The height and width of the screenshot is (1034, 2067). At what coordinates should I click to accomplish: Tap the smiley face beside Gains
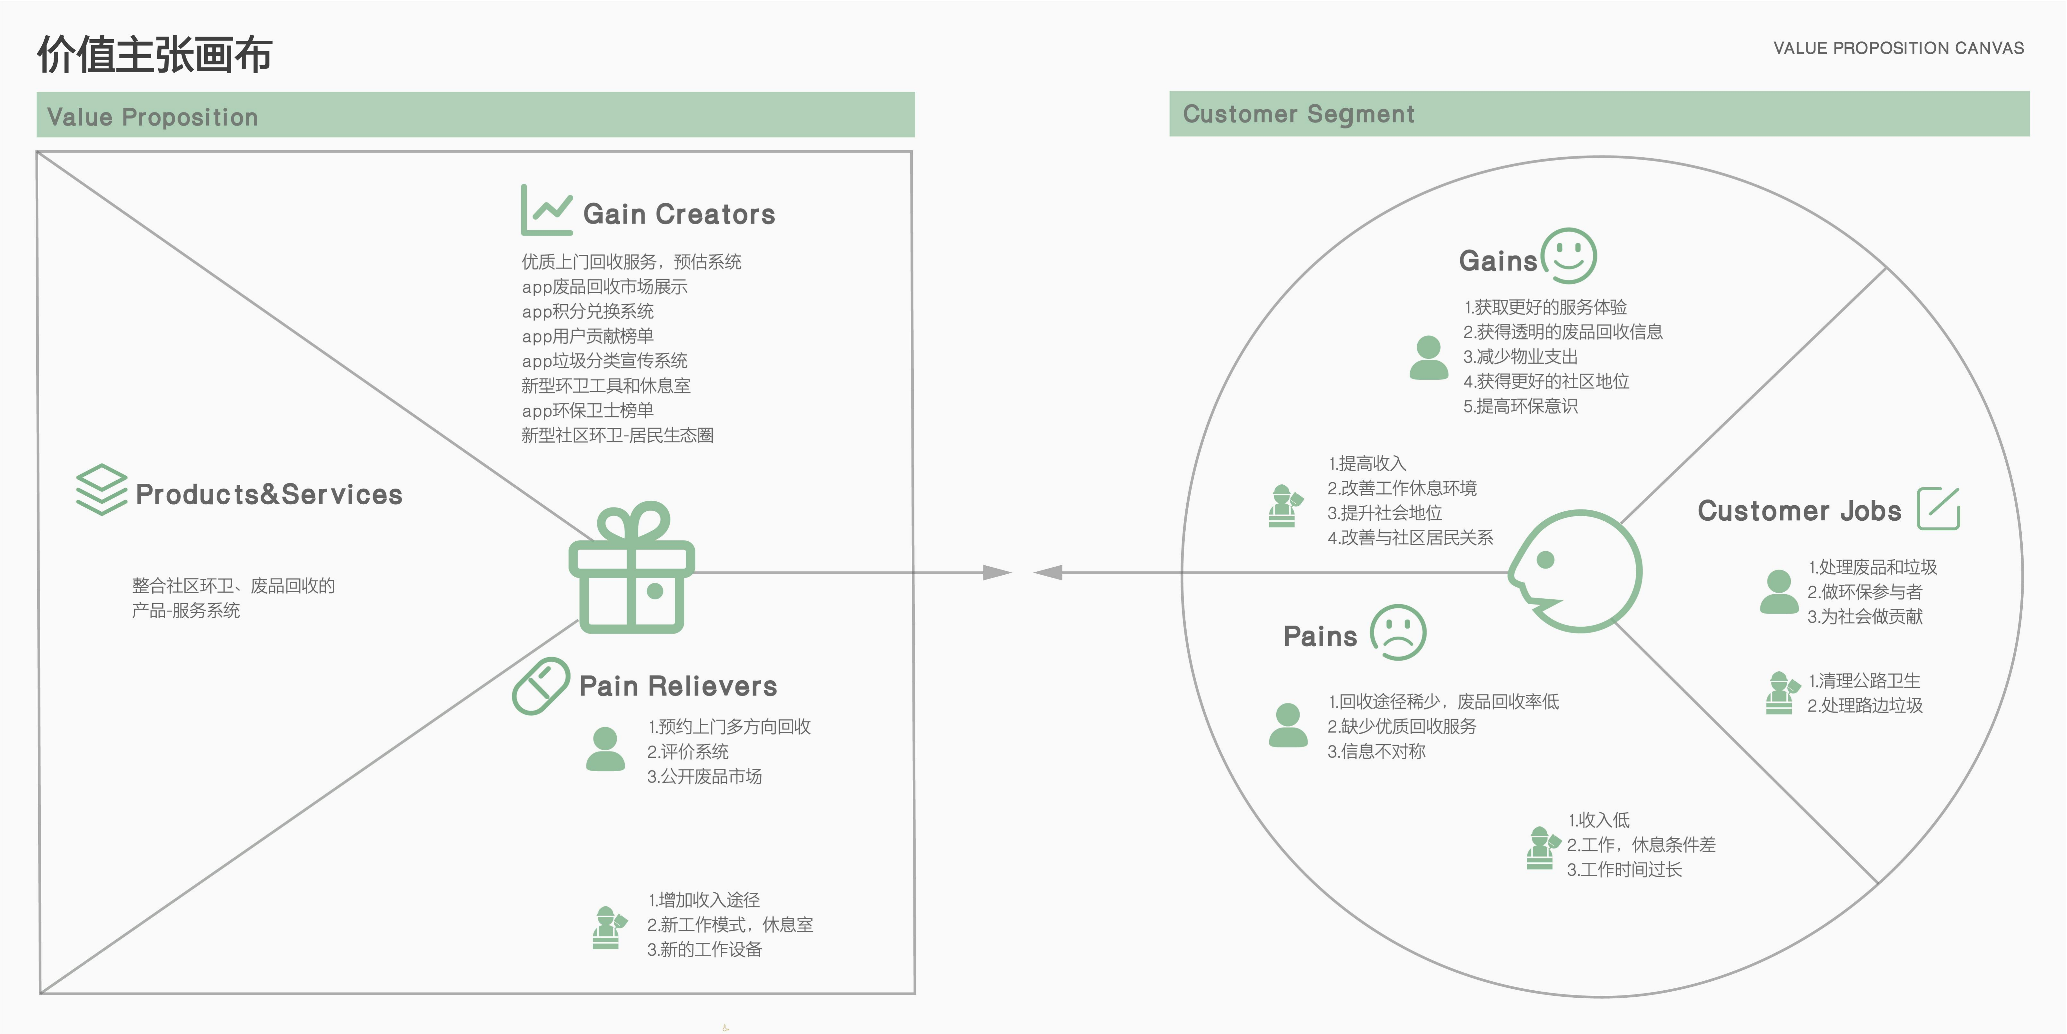point(1569,256)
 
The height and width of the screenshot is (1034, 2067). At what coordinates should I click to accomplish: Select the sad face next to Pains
point(1398,632)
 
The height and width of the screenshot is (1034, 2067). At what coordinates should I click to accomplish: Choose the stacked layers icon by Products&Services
point(101,490)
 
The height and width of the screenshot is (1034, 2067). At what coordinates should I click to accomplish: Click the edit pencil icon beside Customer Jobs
point(1939,509)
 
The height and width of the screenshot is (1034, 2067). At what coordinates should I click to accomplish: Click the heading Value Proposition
point(153,117)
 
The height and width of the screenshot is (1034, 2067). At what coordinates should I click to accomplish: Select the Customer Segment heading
point(1298,114)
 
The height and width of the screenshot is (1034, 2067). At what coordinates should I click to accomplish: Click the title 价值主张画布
point(155,55)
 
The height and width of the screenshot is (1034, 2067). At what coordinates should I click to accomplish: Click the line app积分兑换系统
point(587,312)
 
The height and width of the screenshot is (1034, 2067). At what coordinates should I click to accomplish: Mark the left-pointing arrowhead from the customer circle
point(1048,572)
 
